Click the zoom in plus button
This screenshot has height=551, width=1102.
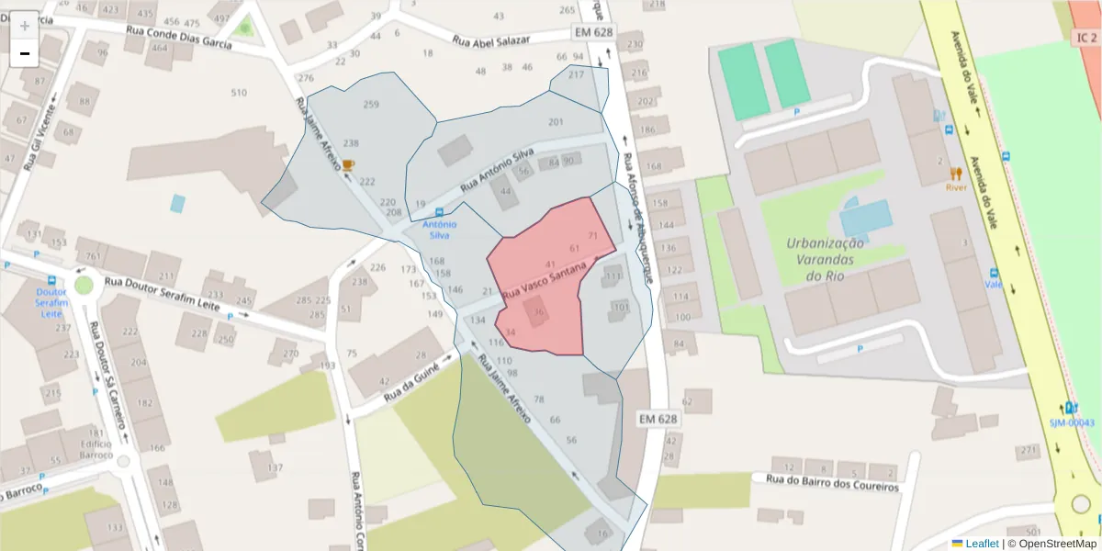[x=25, y=25]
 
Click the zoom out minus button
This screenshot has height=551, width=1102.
[x=25, y=53]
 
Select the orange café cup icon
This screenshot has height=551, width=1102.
[x=348, y=165]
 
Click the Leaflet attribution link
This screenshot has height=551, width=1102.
[x=982, y=544]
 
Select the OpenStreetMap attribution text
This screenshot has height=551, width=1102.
[x=1058, y=544]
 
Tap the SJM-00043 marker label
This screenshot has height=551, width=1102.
[x=1072, y=422]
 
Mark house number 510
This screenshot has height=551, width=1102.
[x=239, y=93]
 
